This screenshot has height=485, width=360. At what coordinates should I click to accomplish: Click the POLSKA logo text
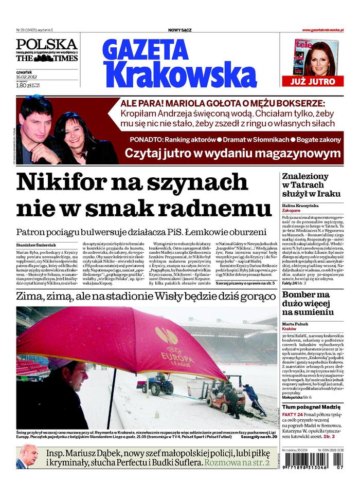pos(46,44)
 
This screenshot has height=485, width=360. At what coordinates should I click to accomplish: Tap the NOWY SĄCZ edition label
pos(179,30)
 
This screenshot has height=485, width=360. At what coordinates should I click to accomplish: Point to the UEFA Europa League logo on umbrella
pos(170,343)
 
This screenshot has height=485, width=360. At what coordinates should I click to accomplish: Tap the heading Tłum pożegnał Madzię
pos(313,406)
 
